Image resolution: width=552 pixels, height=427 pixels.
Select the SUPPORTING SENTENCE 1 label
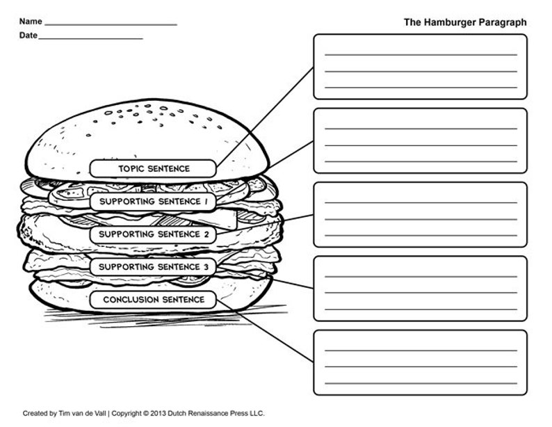coord(154,201)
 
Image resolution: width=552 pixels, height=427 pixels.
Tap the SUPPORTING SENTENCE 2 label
coord(154,234)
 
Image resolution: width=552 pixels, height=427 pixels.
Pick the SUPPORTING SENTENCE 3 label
coord(154,267)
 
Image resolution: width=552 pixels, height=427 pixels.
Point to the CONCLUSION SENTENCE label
coord(154,300)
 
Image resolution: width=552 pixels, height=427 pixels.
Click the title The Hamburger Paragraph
coord(464,22)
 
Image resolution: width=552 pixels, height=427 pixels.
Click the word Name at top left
coord(31,22)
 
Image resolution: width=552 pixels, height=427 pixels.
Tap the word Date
coord(28,35)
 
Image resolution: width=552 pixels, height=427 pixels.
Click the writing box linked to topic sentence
coord(420,67)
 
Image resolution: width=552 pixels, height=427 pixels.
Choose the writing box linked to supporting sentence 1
coord(420,140)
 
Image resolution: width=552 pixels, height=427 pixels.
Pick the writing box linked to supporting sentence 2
coord(420,214)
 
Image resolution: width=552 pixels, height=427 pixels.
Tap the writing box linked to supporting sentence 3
coord(420,288)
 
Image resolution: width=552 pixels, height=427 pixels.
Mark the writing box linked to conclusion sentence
coord(420,362)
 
